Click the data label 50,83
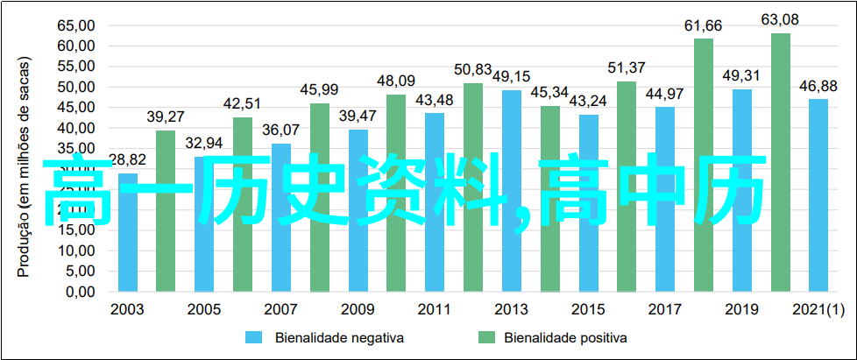click(473, 68)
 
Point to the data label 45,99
click(320, 88)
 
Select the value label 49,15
click(512, 75)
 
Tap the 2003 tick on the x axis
click(128, 309)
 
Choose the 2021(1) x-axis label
click(818, 309)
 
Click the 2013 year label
click(512, 309)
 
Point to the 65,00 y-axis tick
click(77, 25)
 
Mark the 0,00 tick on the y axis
click(81, 292)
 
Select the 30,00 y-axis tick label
click(77, 169)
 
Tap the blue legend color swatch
click(254, 337)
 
